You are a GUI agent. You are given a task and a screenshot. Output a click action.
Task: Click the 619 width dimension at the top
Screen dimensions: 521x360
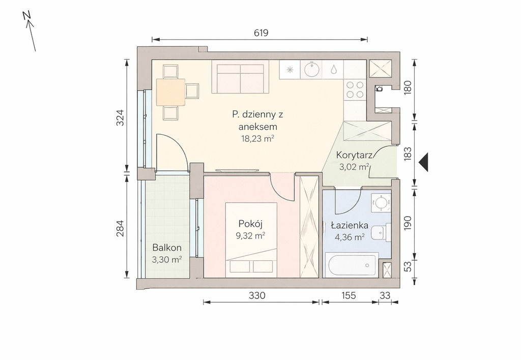pyautogui.click(x=261, y=33)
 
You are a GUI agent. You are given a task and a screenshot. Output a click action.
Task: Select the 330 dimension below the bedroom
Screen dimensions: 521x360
pyautogui.click(x=257, y=295)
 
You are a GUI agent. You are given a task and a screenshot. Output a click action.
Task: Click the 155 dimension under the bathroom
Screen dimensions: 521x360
pyautogui.click(x=349, y=295)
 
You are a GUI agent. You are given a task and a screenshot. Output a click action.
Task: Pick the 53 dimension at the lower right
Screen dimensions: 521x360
pyautogui.click(x=408, y=266)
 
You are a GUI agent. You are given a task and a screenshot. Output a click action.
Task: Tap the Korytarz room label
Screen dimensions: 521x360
pyautogui.click(x=354, y=155)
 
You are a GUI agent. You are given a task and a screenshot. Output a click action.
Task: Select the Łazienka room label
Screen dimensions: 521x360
pyautogui.click(x=350, y=225)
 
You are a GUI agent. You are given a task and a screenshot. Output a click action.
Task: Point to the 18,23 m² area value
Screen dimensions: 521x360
pyautogui.click(x=257, y=138)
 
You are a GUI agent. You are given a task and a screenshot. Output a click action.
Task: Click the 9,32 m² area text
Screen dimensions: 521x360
pyautogui.click(x=250, y=236)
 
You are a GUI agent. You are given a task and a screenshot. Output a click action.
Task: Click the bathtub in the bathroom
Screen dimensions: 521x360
pyautogui.click(x=352, y=265)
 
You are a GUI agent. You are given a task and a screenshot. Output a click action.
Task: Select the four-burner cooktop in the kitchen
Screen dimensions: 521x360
pyautogui.click(x=355, y=89)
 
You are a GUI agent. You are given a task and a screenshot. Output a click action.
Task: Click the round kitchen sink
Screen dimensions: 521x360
pyautogui.click(x=311, y=70)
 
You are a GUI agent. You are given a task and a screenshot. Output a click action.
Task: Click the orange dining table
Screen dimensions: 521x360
pyautogui.click(x=170, y=92)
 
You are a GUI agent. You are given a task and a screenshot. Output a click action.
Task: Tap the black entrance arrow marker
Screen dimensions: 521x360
pyautogui.click(x=423, y=162)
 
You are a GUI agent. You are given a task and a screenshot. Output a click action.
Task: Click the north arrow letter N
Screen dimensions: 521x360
pyautogui.click(x=27, y=16)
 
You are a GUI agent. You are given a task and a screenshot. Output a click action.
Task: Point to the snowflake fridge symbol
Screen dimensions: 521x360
pyautogui.click(x=290, y=70)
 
